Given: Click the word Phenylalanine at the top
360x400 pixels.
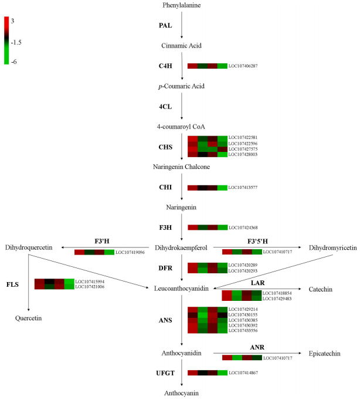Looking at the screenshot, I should pyautogui.click(x=182, y=5).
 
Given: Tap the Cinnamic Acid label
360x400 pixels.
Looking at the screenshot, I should pyautogui.click(x=182, y=45).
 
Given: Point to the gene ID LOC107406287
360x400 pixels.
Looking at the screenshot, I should pyautogui.click(x=243, y=66).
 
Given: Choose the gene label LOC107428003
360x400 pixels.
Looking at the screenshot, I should pyautogui.click(x=243, y=154).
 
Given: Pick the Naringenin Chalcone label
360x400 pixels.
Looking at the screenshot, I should pyautogui.click(x=182, y=167).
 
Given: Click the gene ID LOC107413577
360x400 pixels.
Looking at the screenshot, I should pyautogui.click(x=243, y=188).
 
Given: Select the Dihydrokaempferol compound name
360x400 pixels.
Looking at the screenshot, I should pyautogui.click(x=182, y=248).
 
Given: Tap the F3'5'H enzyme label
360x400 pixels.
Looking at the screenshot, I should pyautogui.click(x=256, y=240).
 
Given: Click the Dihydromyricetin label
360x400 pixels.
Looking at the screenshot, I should pyautogui.click(x=332, y=248).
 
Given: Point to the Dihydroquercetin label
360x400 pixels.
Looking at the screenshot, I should pyautogui.click(x=29, y=248).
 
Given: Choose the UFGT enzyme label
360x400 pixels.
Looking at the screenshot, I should pyautogui.click(x=165, y=372).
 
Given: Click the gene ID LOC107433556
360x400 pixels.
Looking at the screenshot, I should pyautogui.click(x=243, y=330).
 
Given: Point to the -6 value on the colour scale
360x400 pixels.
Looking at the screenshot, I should pyautogui.click(x=13, y=61).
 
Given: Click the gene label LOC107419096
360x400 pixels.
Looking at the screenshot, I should pyautogui.click(x=130, y=252).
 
